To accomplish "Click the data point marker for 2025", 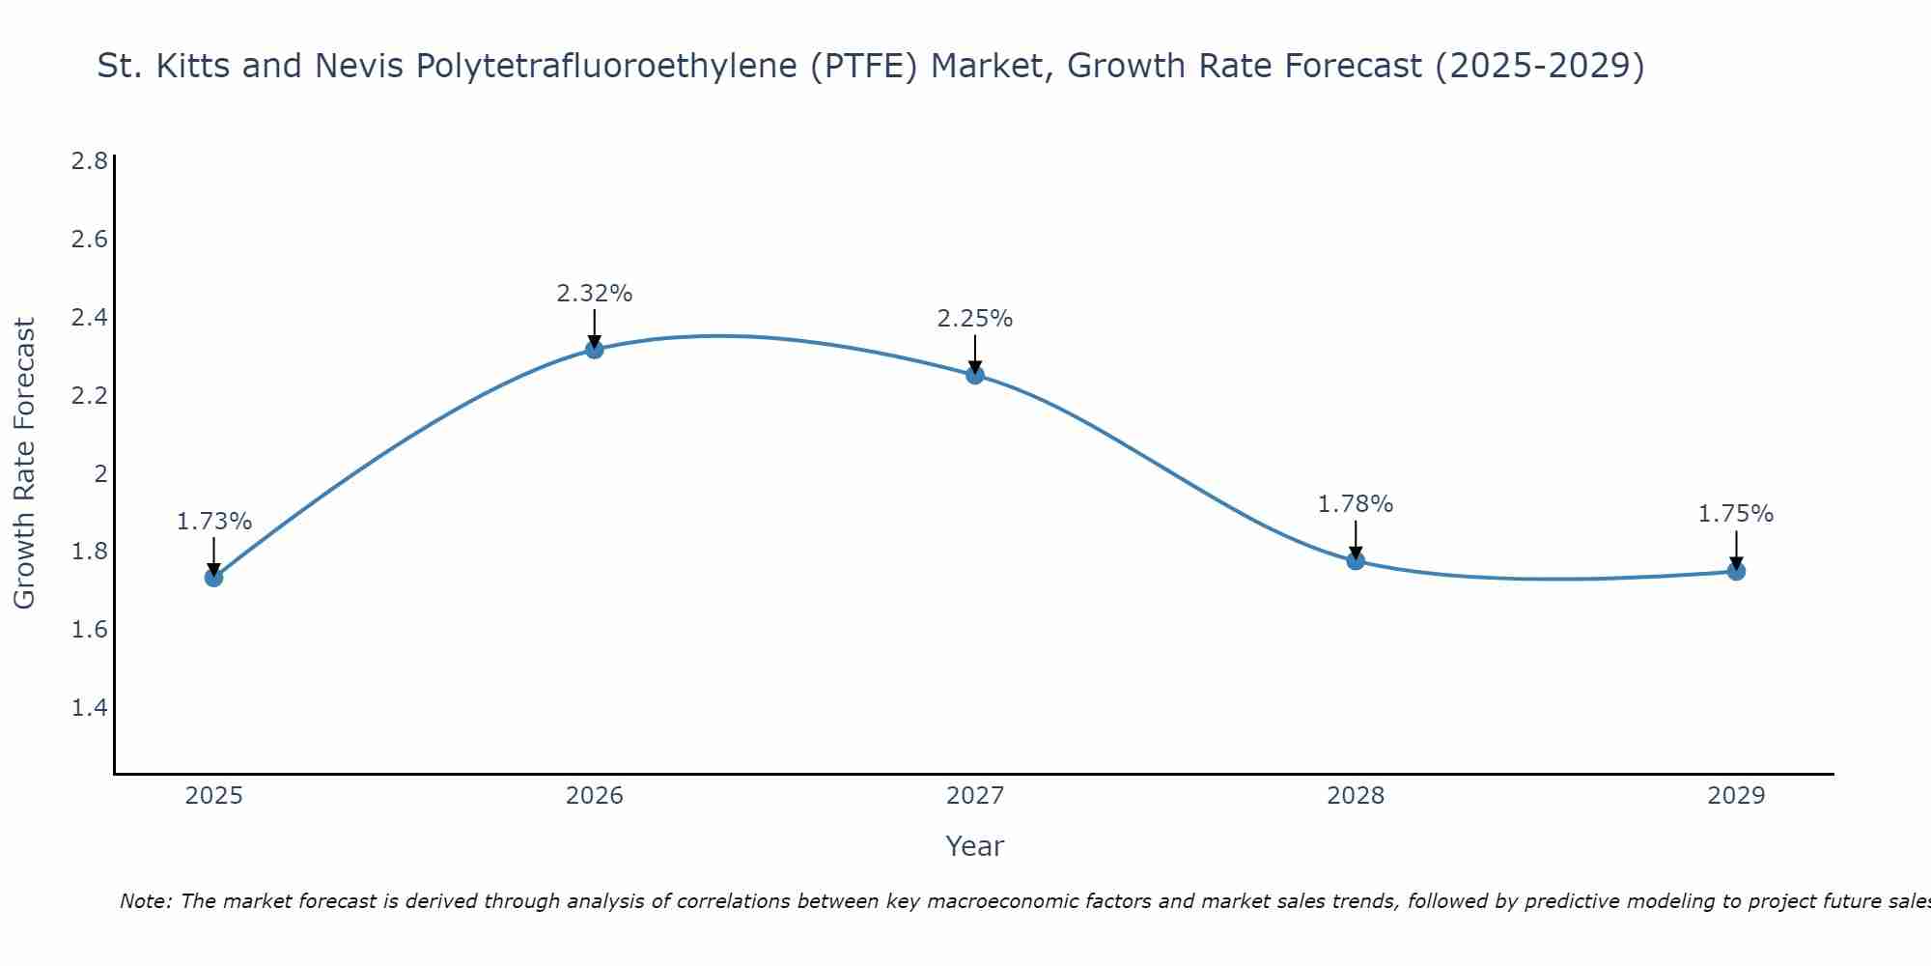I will coord(213,578).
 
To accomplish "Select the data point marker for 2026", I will coord(595,349).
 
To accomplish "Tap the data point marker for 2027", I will coord(975,375).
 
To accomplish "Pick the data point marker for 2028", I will coord(1356,560).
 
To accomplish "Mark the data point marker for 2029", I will coord(1736,571).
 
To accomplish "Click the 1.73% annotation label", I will coord(213,522).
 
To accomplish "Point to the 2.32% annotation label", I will coord(595,294).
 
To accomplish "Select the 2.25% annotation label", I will coord(975,319).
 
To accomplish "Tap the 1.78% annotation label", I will coord(1356,504).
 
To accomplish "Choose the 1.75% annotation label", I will coord(1736,514).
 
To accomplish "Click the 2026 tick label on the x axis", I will coord(595,796).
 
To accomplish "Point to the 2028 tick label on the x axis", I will coord(1356,796).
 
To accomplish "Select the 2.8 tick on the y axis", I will coord(90,160).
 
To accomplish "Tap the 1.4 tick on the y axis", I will coord(90,708).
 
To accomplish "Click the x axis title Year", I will coord(975,846).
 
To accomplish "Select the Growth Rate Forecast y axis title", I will coord(24,464).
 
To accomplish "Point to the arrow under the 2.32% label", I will coord(595,327).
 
